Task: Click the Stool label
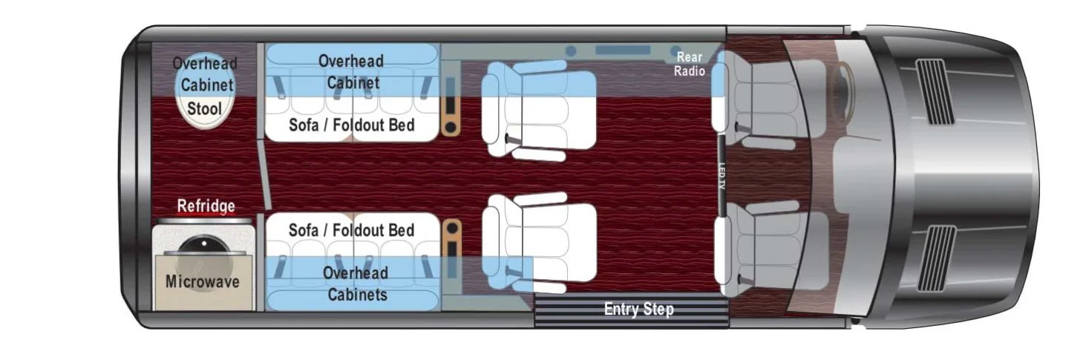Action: tap(204, 109)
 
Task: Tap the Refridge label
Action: tap(206, 206)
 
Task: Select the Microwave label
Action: tap(203, 281)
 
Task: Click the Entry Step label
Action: tap(639, 310)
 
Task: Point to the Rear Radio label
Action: tap(690, 64)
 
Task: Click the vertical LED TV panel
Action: tap(721, 175)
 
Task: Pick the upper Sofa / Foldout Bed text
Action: tap(352, 125)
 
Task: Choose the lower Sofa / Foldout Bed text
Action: tap(352, 230)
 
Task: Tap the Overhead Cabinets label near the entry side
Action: tap(356, 284)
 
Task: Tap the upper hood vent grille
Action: tap(935, 91)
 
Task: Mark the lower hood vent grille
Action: tap(937, 258)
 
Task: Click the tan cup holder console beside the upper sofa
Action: tap(451, 107)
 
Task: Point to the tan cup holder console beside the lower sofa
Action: tap(452, 250)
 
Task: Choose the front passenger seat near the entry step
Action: tap(767, 249)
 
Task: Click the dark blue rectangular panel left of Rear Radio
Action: tap(623, 50)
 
